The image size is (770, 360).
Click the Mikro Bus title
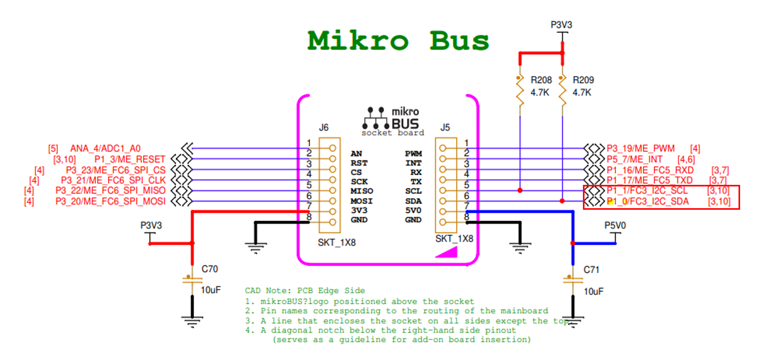pyautogui.click(x=398, y=41)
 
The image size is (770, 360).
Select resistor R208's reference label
pyautogui.click(x=541, y=80)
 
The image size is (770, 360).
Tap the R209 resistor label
pyautogui.click(x=583, y=80)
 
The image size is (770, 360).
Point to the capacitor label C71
pyautogui.click(x=591, y=270)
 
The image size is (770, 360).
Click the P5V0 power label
pyautogui.click(x=615, y=225)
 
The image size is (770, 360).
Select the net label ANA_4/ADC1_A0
pyautogui.click(x=105, y=148)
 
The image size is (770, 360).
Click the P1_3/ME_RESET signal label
pyautogui.click(x=130, y=159)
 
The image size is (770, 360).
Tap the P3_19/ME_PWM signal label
pyautogui.click(x=640, y=148)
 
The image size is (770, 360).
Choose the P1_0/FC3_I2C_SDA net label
pyautogui.click(x=648, y=201)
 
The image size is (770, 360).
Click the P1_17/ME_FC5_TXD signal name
pyautogui.click(x=650, y=180)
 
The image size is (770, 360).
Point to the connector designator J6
pyautogui.click(x=323, y=128)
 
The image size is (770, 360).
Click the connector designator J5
pyautogui.click(x=445, y=128)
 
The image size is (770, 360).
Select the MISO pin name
pyautogui.click(x=362, y=191)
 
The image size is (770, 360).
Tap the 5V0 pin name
pyautogui.click(x=413, y=210)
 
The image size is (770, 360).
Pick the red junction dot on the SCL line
pyautogui.click(x=520, y=190)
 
